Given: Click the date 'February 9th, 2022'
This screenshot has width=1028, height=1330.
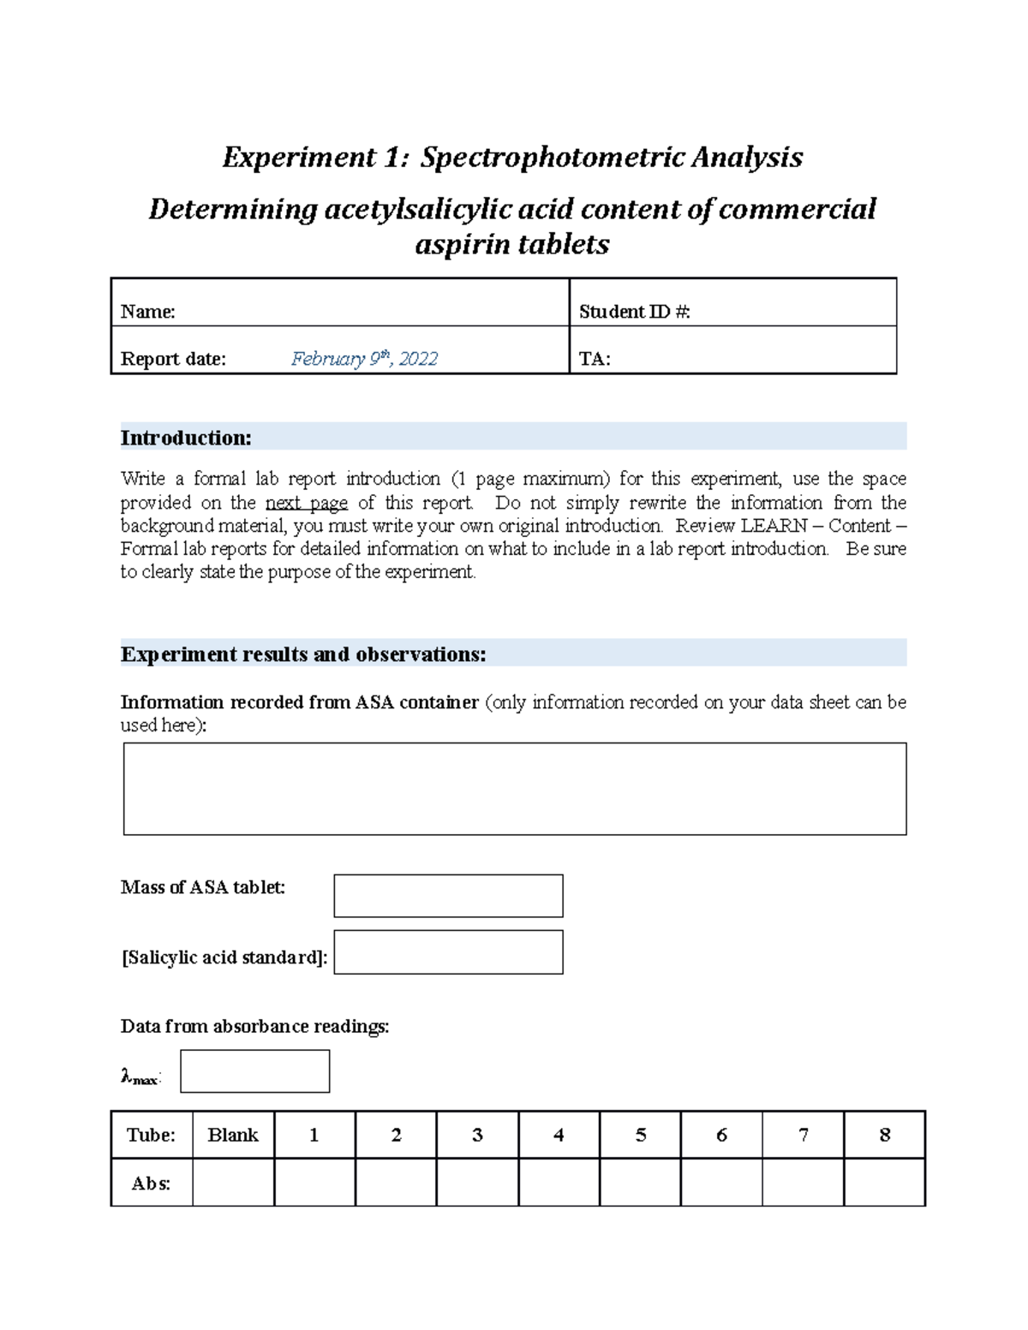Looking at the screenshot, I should pos(364,359).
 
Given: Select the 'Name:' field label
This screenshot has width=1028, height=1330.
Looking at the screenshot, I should pos(148,312).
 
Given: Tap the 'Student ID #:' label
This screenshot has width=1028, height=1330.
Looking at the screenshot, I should pos(634,312).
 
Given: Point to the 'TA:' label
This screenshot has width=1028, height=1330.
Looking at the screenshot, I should pos(595,359).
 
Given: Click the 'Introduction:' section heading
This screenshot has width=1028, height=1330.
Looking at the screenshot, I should pos(186,438).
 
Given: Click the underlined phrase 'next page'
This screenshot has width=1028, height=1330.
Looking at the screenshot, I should pos(306,503).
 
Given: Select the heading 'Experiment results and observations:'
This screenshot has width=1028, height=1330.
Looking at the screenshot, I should pos(303,654).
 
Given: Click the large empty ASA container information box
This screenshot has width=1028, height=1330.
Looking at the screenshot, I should pos(514,789).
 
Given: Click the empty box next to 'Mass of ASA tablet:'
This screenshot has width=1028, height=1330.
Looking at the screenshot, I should pos(448,896).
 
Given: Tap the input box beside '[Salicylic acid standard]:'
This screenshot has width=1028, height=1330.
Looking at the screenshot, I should pos(448,952).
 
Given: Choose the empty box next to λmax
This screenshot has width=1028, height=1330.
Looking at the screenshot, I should pos(254,1071).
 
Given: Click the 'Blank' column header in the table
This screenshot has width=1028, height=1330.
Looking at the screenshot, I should pos(233,1136).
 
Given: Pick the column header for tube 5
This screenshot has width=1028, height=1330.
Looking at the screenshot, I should pos(640,1136).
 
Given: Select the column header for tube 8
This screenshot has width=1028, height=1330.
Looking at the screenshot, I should pos(884,1136).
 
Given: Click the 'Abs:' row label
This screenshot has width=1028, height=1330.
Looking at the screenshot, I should pos(151,1184).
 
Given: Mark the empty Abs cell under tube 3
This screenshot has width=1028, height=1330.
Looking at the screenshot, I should pos(477,1183).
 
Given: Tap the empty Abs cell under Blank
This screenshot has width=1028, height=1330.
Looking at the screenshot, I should pos(233,1183).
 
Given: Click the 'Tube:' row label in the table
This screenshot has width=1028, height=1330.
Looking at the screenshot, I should pos(151,1136).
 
